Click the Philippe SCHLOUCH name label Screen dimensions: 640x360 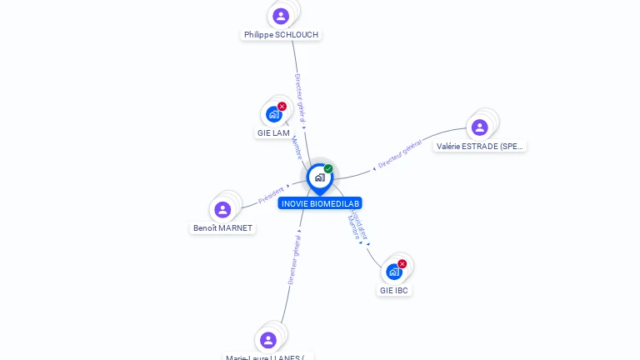pyautogui.click(x=281, y=35)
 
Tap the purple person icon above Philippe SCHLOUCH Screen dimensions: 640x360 pyautogui.click(x=281, y=16)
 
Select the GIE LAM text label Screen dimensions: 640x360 pyautogui.click(x=273, y=133)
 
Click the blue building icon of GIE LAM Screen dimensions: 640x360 pyautogui.click(x=273, y=115)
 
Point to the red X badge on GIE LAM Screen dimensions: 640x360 pyautogui.click(x=282, y=107)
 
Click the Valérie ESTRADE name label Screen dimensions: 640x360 pyautogui.click(x=480, y=147)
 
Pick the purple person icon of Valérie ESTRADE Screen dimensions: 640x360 pyautogui.click(x=479, y=127)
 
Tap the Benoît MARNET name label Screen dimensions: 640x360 pyautogui.click(x=222, y=228)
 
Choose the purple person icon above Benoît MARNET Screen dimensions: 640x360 pyautogui.click(x=222, y=209)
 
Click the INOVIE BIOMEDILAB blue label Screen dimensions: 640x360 pyautogui.click(x=320, y=203)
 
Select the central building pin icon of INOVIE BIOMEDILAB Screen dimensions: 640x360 pyautogui.click(x=319, y=177)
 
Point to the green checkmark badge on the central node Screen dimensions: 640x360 pyautogui.click(x=328, y=169)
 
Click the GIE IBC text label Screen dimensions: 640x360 pyautogui.click(x=394, y=291)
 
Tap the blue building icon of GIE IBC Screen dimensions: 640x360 pyautogui.click(x=394, y=272)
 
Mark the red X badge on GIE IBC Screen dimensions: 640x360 pyautogui.click(x=402, y=264)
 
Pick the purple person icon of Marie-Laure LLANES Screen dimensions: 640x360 pyautogui.click(x=267, y=339)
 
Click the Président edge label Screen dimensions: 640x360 pyautogui.click(x=271, y=195)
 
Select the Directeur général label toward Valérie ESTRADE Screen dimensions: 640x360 pyautogui.click(x=400, y=156)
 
